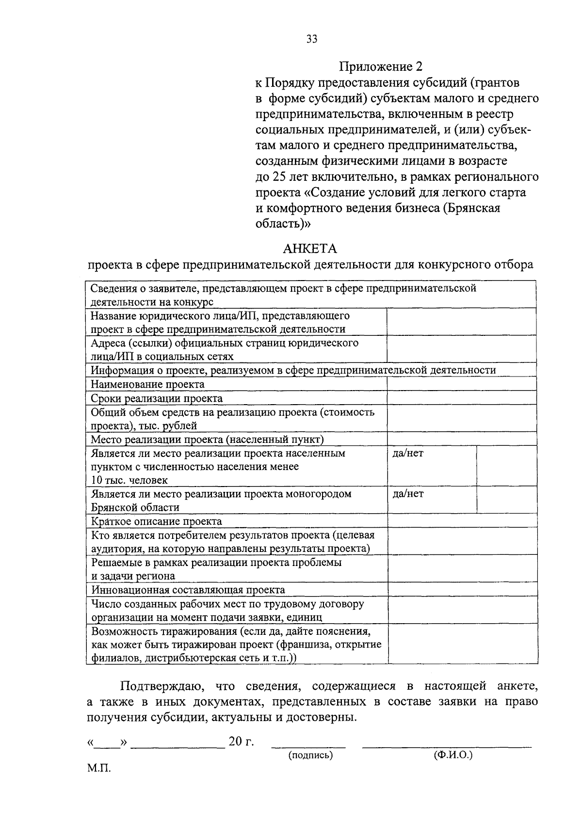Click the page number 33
311,39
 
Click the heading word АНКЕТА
309,249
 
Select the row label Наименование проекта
148,384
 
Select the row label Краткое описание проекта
157,521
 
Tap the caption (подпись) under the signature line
310,755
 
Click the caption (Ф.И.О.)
453,755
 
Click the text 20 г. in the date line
241,742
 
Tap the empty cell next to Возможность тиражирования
462,644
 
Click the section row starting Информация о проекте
293,370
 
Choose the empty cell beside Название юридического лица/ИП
461,322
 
